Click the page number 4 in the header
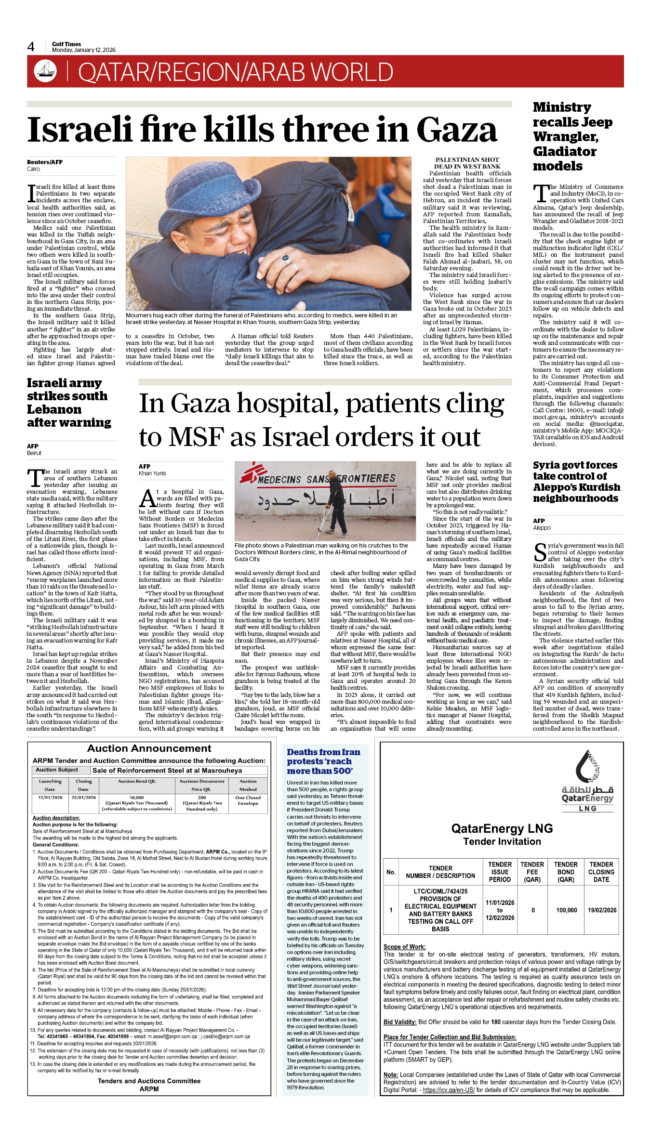31,47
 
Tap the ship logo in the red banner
45,71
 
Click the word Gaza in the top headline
456,130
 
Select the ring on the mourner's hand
286,260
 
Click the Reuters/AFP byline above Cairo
45,162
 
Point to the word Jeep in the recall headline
596,122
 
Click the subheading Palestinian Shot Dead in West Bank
467,163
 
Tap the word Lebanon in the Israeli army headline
54,409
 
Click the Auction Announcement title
149,748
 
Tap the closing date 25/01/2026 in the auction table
83,798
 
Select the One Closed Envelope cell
248,800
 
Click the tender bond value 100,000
566,910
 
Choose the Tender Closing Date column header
601,872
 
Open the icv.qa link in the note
449,1090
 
